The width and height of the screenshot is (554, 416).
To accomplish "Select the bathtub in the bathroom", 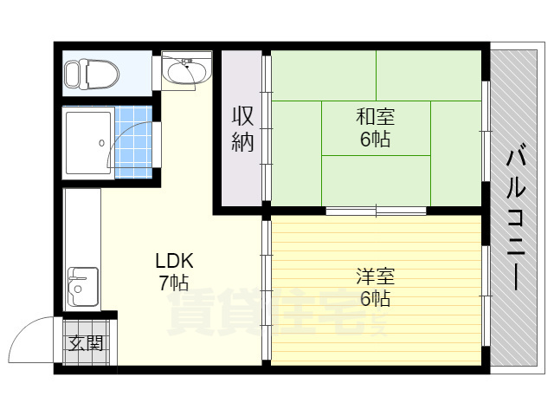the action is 88,143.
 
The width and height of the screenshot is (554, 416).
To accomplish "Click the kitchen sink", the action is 83,287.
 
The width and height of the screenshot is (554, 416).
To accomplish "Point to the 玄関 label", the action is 86,342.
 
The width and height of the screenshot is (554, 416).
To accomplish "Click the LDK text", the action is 175,261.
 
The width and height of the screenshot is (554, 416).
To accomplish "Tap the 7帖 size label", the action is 174,283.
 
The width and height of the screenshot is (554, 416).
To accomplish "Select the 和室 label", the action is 375,116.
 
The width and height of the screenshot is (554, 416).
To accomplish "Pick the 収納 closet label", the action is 242,129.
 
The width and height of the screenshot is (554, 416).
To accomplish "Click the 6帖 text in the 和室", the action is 375,139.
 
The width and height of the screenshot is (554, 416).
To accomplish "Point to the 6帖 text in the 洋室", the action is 375,298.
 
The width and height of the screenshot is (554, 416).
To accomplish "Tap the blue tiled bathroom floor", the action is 133,142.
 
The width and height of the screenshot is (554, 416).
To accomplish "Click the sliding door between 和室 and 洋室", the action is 376,211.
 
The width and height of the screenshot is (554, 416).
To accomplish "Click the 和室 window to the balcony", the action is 486,132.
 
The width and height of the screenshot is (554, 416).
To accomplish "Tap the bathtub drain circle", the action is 102,143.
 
